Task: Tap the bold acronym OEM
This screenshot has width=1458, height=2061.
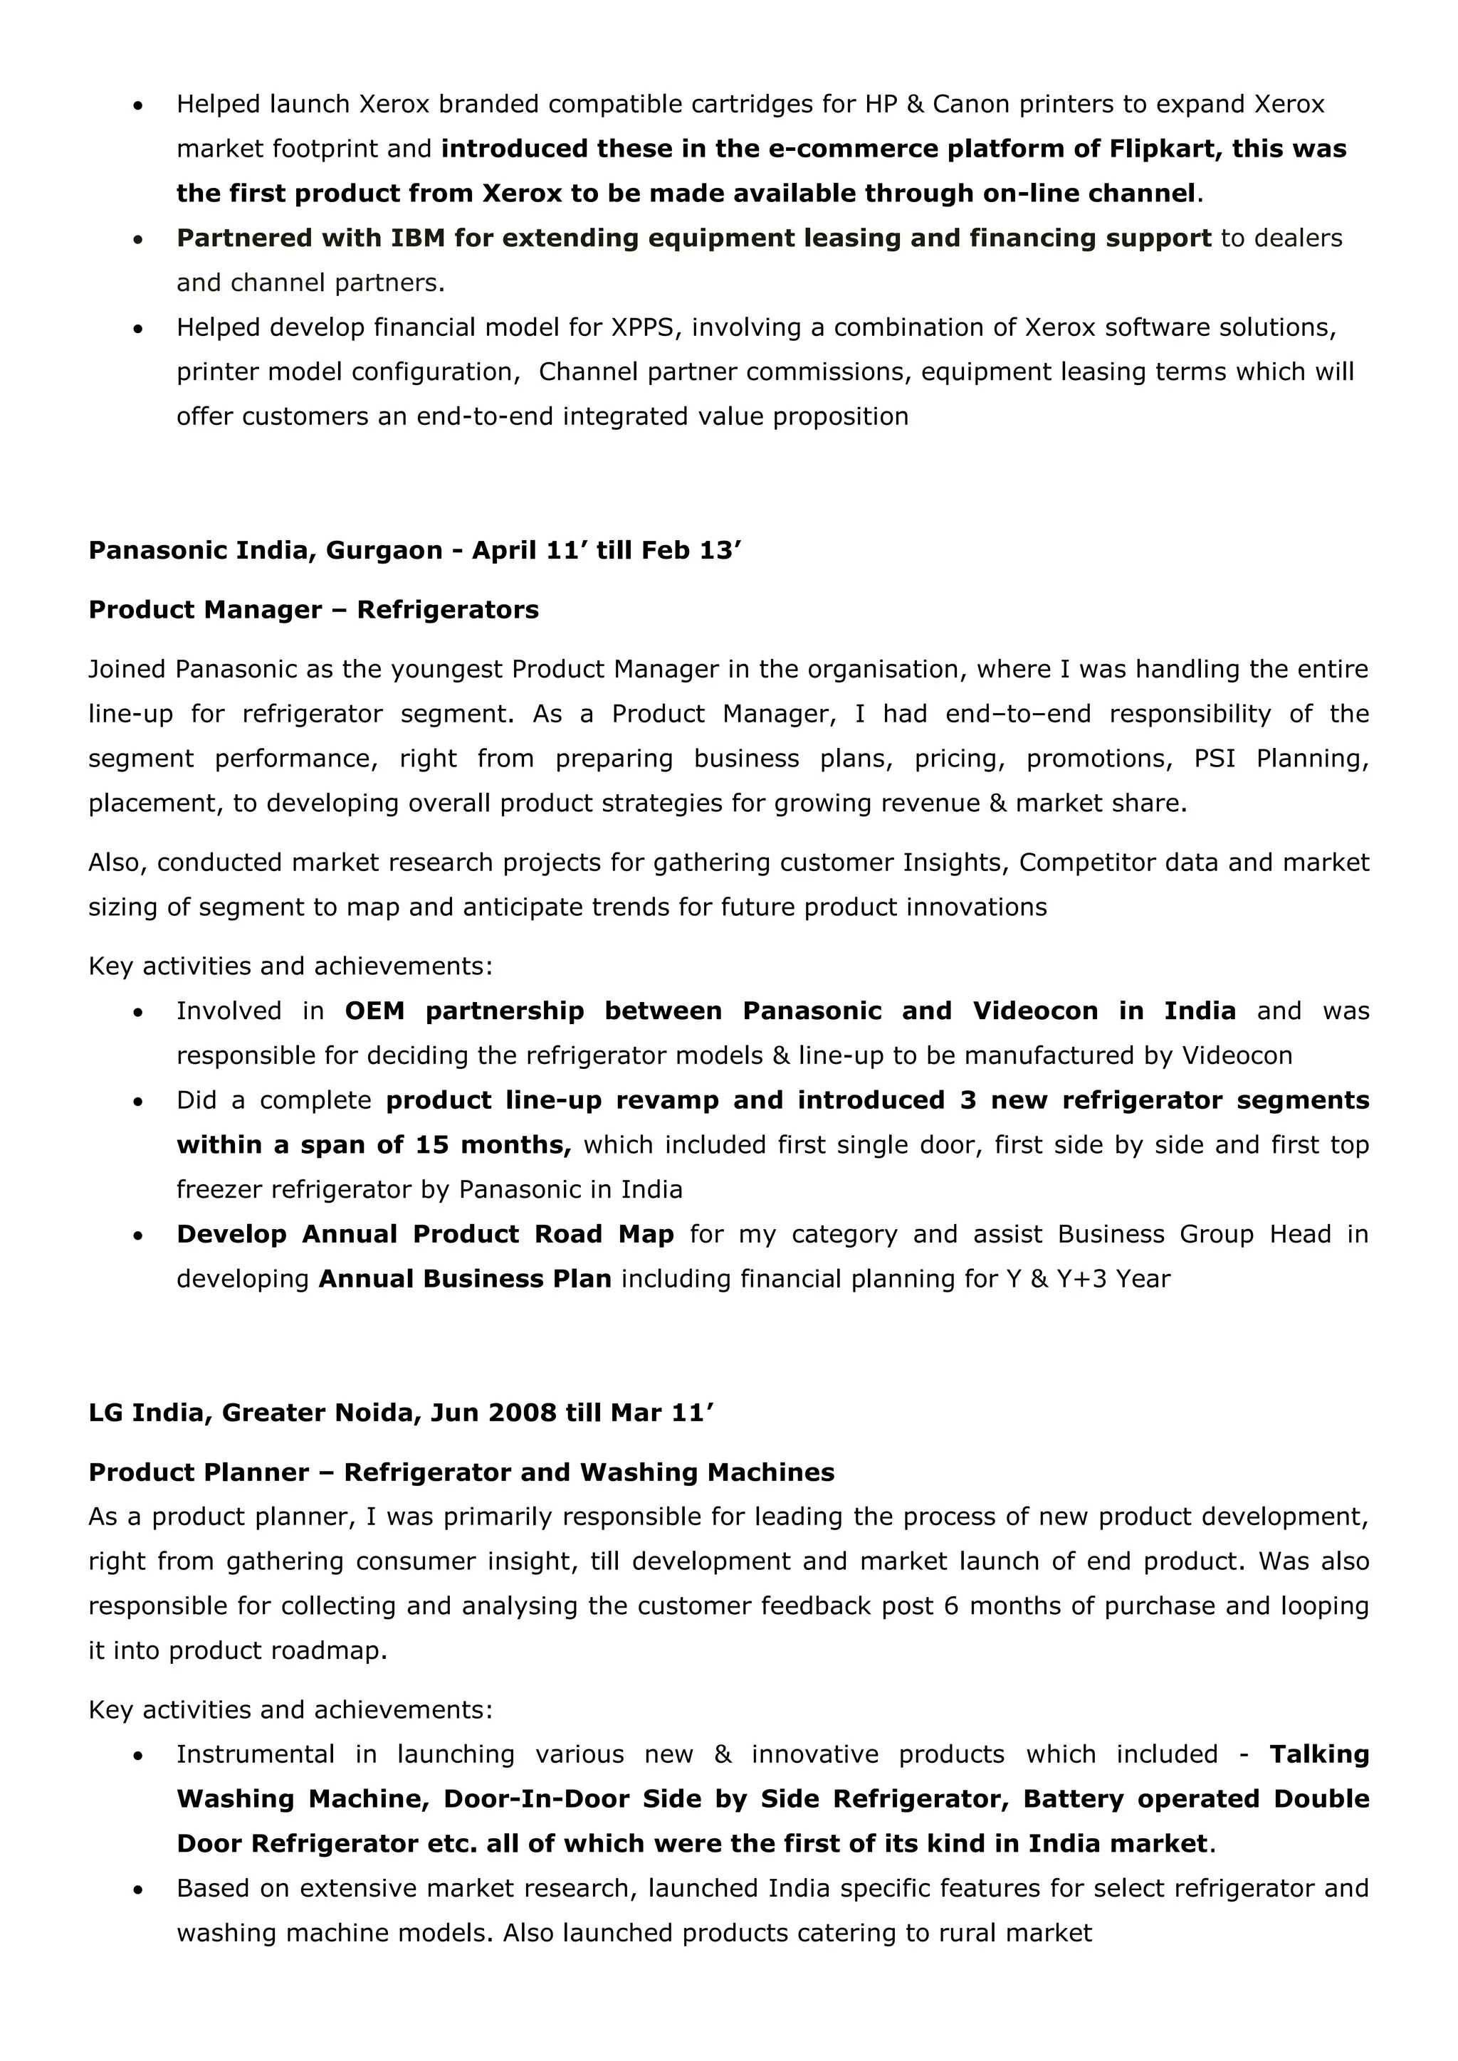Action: (374, 1012)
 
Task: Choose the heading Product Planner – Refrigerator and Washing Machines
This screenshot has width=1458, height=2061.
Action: (461, 1473)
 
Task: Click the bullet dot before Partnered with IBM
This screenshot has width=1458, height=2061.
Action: (137, 240)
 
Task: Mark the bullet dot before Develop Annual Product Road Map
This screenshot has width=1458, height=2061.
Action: (137, 1236)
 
